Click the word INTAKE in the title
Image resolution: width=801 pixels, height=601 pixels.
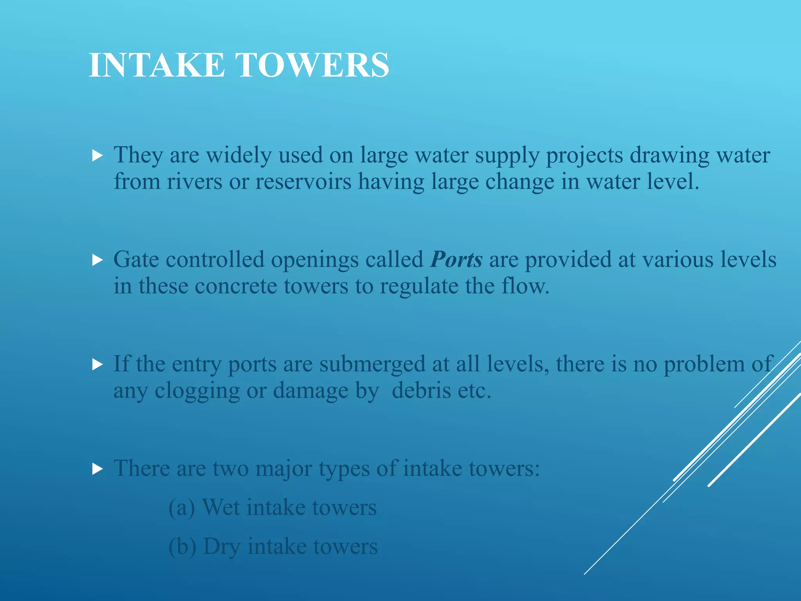pyautogui.click(x=157, y=65)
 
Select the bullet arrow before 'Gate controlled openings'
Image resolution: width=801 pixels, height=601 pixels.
pyautogui.click(x=97, y=260)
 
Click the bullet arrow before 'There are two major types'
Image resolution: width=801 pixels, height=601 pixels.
pyautogui.click(x=97, y=469)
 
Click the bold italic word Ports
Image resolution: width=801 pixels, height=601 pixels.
pyautogui.click(x=456, y=259)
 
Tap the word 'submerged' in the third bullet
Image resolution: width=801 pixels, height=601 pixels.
pyautogui.click(x=372, y=364)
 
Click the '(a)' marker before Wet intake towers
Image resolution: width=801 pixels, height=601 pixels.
pyautogui.click(x=181, y=507)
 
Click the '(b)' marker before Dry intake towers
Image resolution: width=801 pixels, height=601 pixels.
pyautogui.click(x=182, y=547)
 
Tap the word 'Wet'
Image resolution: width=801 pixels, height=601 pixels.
pyautogui.click(x=221, y=507)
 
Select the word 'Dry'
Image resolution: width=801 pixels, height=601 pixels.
pyautogui.click(x=221, y=547)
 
